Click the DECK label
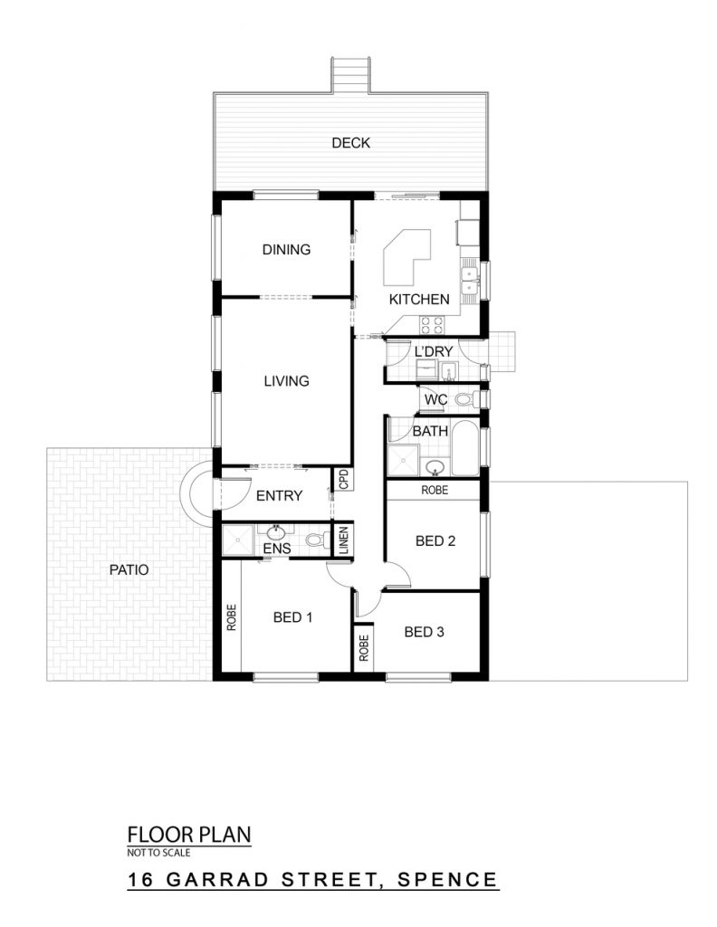[x=350, y=142]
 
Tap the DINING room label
[x=286, y=250]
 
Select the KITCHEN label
[x=419, y=299]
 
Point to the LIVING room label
[x=286, y=381]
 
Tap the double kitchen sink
[x=470, y=281]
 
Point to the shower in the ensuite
[x=237, y=540]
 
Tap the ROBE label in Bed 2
[x=435, y=490]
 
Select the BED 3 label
[x=424, y=632]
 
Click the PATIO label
[x=129, y=570]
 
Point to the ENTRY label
[x=279, y=495]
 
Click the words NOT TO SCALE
[x=158, y=853]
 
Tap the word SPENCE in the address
[x=447, y=879]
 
